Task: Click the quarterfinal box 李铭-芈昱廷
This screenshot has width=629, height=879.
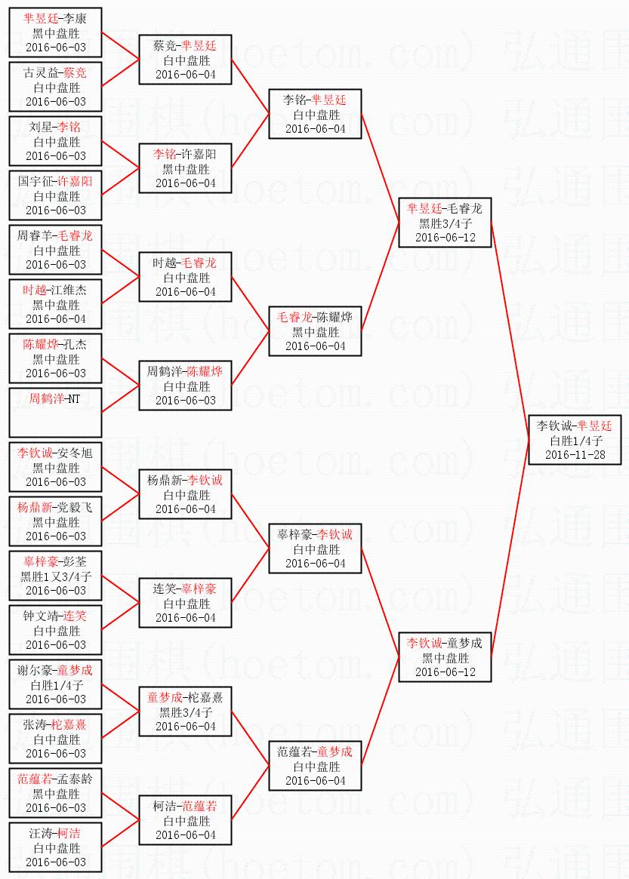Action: (315, 115)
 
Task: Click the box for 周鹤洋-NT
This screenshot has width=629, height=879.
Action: (55, 412)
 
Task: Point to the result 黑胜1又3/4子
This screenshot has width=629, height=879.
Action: (56, 577)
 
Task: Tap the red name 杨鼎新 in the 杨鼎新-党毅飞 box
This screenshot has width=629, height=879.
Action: (35, 508)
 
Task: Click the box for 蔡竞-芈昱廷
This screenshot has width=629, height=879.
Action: (185, 60)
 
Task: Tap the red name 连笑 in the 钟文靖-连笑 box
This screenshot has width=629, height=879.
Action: (75, 616)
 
